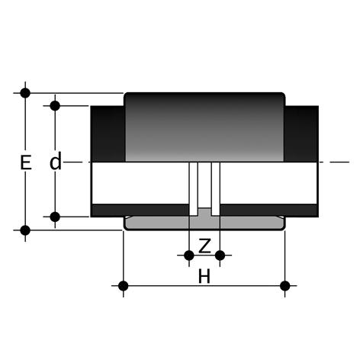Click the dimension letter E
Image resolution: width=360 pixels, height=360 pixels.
pos(26,162)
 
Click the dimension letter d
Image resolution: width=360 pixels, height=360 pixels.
pos(56,161)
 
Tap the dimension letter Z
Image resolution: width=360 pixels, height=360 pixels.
pos(204,246)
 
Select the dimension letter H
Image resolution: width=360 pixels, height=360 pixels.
pos(204,276)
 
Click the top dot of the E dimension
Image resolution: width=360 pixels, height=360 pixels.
pos(25,93)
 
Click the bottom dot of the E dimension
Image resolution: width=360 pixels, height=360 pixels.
pos(25,230)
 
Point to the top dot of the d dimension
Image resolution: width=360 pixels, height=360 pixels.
pos(55,105)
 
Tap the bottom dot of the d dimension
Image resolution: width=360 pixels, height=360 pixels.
pos(55,217)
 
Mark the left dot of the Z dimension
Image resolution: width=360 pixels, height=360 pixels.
pos(189,256)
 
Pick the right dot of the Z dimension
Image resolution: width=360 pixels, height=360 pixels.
pos(220,256)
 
